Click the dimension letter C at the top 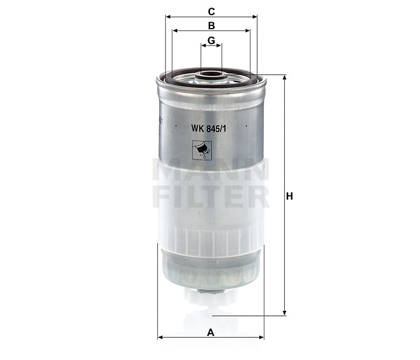click(x=211, y=12)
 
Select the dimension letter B click(x=211, y=26)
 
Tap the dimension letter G click(x=211, y=40)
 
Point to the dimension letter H click(x=290, y=196)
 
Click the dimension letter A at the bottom click(x=211, y=332)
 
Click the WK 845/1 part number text click(x=209, y=129)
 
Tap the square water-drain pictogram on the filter click(x=202, y=150)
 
